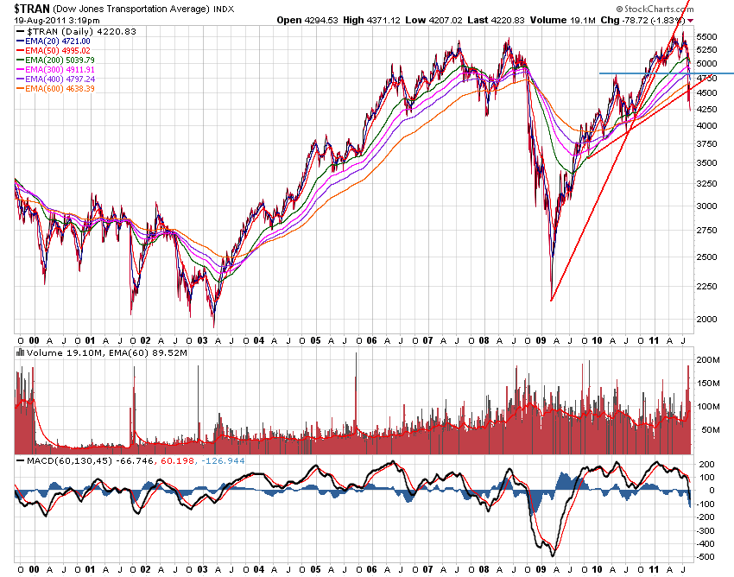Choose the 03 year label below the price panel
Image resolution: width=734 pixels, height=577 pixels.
pyautogui.click(x=201, y=340)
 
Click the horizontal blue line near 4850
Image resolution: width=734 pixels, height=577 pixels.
pyautogui.click(x=665, y=73)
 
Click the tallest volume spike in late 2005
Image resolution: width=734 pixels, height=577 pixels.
pyautogui.click(x=356, y=354)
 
